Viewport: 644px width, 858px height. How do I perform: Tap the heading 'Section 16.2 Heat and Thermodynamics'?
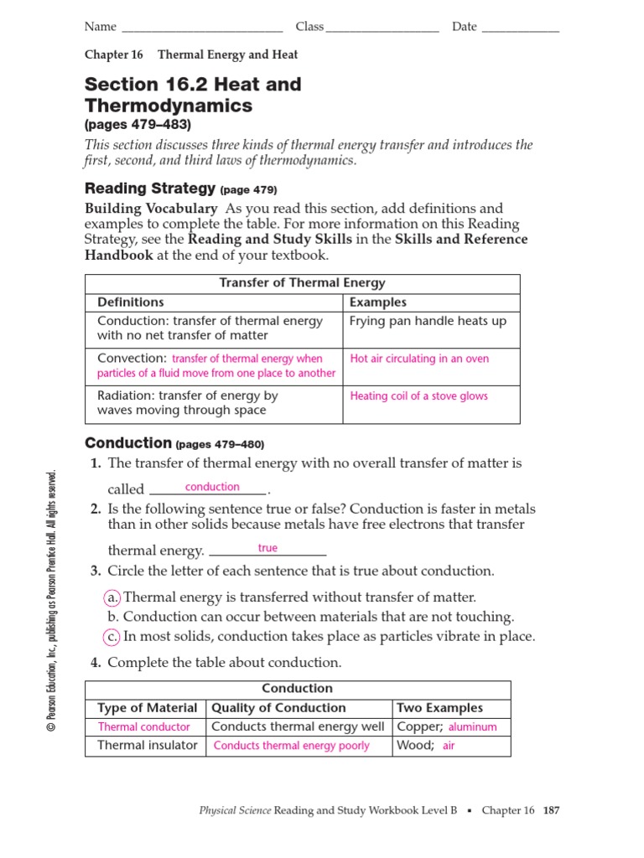tap(193, 95)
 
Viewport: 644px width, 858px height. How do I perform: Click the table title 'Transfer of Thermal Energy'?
tap(302, 283)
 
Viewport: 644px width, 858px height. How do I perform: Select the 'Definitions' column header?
tap(131, 302)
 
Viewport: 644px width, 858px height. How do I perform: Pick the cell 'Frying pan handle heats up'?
tap(428, 321)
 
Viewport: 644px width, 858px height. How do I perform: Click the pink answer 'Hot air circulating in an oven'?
tap(419, 359)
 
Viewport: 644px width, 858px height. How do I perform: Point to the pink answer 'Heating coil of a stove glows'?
tap(418, 396)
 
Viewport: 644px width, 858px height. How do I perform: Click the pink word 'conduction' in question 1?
tap(212, 487)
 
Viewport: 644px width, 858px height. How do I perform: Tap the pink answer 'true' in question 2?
tap(267, 548)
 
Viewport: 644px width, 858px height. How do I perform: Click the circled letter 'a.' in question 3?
tap(112, 597)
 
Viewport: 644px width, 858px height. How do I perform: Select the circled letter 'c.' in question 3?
tap(112, 636)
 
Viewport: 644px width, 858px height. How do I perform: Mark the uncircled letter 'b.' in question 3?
tap(112, 617)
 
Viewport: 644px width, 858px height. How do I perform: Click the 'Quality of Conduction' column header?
tap(278, 708)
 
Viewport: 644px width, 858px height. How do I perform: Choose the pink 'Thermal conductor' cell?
tap(143, 727)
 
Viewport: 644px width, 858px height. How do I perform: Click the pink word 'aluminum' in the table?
tap(473, 727)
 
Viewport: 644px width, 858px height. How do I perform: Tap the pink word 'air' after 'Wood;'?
tap(449, 746)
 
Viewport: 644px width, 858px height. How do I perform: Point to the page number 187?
tap(551, 811)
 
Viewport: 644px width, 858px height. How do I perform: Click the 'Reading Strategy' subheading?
tap(151, 189)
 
